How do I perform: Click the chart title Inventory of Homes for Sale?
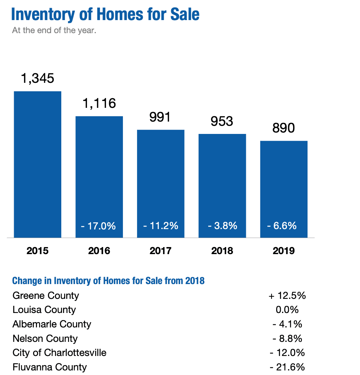pyautogui.click(x=105, y=14)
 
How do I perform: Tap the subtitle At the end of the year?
pyautogui.click(x=54, y=31)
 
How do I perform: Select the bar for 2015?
pyautogui.click(x=38, y=164)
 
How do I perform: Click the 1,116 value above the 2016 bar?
pyautogui.click(x=99, y=103)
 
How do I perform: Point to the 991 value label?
pyautogui.click(x=160, y=117)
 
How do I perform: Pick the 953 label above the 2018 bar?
pyautogui.click(x=222, y=121)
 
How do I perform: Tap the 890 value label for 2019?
pyautogui.click(x=284, y=128)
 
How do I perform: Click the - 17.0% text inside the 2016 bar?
pyautogui.click(x=99, y=226)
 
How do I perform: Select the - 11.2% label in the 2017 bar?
pyautogui.click(x=161, y=226)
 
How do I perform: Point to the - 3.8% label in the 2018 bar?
pyautogui.click(x=222, y=226)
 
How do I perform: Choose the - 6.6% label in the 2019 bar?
pyautogui.click(x=284, y=226)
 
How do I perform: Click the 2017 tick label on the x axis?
pyautogui.click(x=161, y=251)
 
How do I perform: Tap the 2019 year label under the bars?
pyautogui.click(x=284, y=251)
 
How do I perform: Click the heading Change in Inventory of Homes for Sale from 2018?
pyautogui.click(x=108, y=281)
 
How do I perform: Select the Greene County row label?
pyautogui.click(x=46, y=295)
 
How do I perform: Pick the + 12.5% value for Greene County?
pyautogui.click(x=287, y=295)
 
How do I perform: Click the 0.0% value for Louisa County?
pyautogui.click(x=287, y=310)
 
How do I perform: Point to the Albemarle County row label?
pyautogui.click(x=52, y=324)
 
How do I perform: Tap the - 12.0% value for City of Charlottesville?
pyautogui.click(x=287, y=353)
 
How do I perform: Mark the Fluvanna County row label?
pyautogui.click(x=50, y=367)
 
